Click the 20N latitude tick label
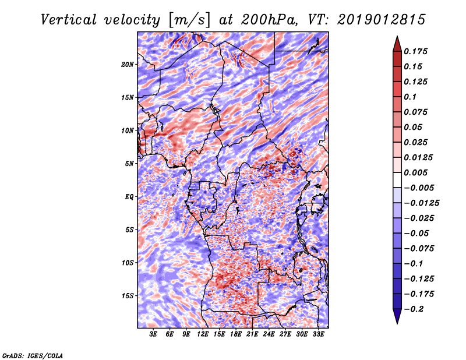coord(128,64)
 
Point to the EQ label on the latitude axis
coord(129,197)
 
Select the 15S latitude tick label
coord(128,296)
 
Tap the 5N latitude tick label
coord(129,164)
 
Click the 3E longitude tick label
coord(153,334)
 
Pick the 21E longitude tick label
coord(252,334)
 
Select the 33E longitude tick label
coord(318,334)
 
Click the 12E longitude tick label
coord(202,334)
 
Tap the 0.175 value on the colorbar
coord(415,51)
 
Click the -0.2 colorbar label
coord(414,309)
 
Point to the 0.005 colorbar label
coord(415,172)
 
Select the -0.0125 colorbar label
coord(421,203)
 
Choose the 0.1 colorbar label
coord(410,97)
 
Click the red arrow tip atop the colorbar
coord(397,37)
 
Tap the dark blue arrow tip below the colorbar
coord(397,323)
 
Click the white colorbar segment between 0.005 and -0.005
coord(397,180)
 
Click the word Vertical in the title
coord(69,20)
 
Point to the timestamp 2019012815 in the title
coord(382,20)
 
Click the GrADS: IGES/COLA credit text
coord(33,355)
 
